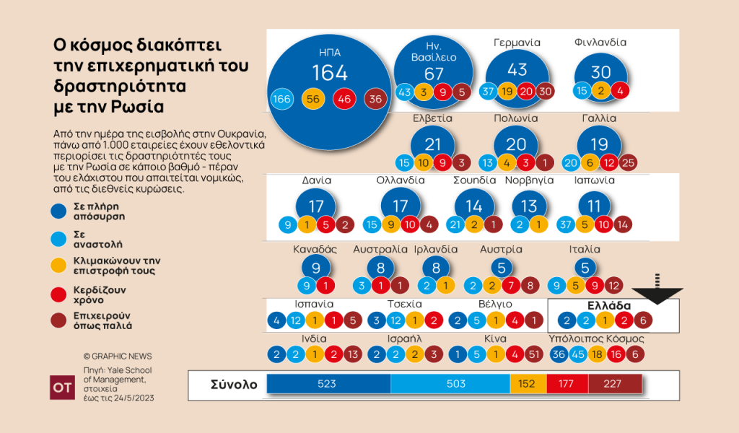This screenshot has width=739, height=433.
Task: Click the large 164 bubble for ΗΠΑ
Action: click(x=330, y=72)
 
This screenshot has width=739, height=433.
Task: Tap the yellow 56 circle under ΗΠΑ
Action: click(x=312, y=99)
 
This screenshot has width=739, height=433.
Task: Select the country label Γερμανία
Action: click(x=517, y=43)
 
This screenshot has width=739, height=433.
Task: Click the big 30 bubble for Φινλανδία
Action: click(x=601, y=73)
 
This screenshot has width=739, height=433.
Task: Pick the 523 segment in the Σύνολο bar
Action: click(x=328, y=384)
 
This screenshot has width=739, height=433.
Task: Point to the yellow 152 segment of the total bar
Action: click(x=528, y=384)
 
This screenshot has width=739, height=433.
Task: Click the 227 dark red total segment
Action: click(x=612, y=384)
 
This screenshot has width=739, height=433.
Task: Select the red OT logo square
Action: click(x=61, y=388)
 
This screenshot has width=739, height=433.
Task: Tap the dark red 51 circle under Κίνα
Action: click(x=534, y=354)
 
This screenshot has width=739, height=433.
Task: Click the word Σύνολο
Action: click(x=233, y=384)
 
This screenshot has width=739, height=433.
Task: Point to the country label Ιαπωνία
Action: click(x=595, y=180)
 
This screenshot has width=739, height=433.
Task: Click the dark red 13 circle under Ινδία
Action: click(x=352, y=354)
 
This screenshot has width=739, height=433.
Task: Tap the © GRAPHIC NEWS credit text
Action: click(x=118, y=357)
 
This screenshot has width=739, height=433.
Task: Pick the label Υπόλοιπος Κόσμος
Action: click(x=596, y=338)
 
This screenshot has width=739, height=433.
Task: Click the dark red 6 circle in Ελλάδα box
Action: click(x=644, y=320)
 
